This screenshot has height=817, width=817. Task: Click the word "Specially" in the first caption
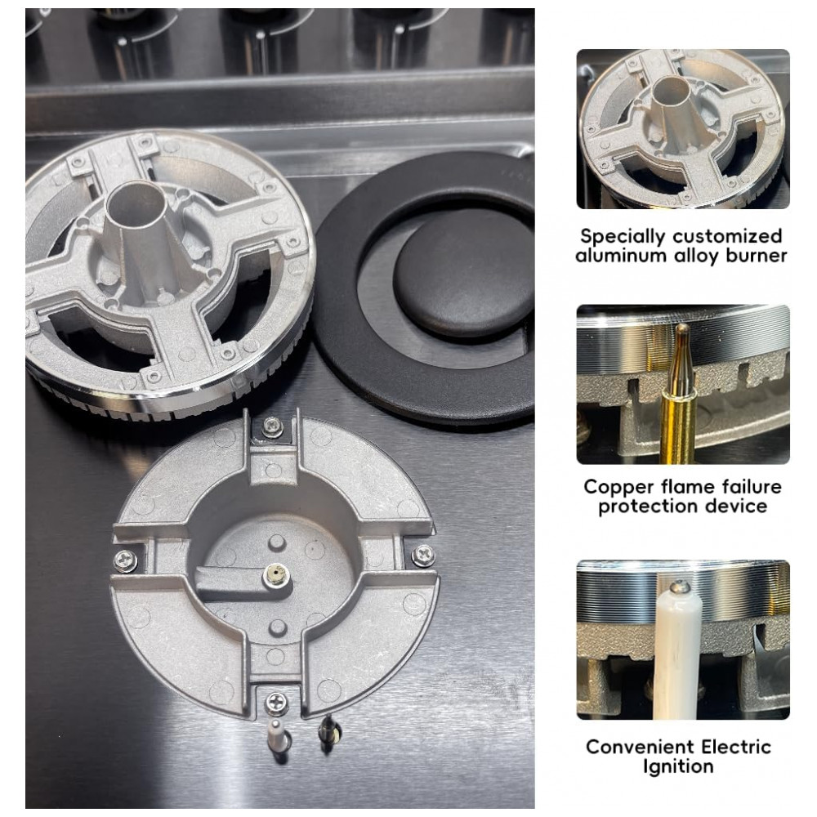point(622,237)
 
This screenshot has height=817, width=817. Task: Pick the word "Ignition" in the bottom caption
point(678,767)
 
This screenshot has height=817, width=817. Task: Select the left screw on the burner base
point(126,560)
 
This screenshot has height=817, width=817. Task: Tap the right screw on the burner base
point(423,555)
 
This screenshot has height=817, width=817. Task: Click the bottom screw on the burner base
point(275,703)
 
